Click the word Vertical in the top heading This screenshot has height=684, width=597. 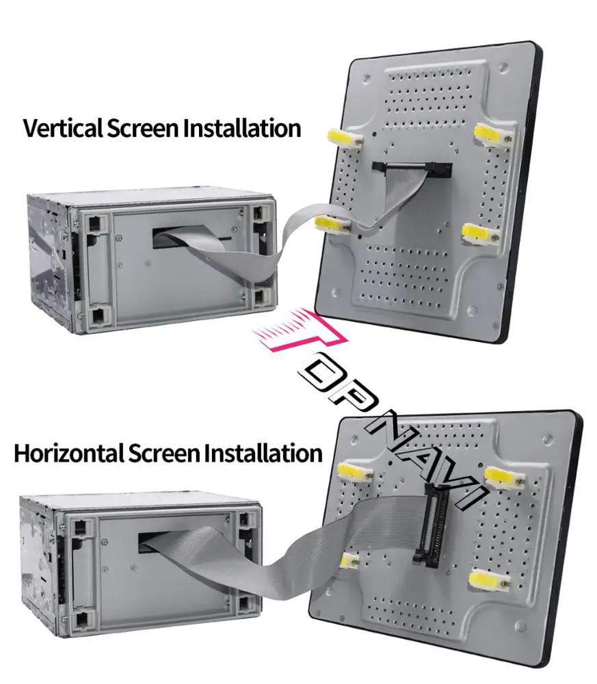coord(62,129)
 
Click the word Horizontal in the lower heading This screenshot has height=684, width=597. coord(65,453)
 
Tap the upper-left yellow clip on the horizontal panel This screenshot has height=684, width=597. coord(354,471)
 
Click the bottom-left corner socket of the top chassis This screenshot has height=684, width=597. coord(98,317)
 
